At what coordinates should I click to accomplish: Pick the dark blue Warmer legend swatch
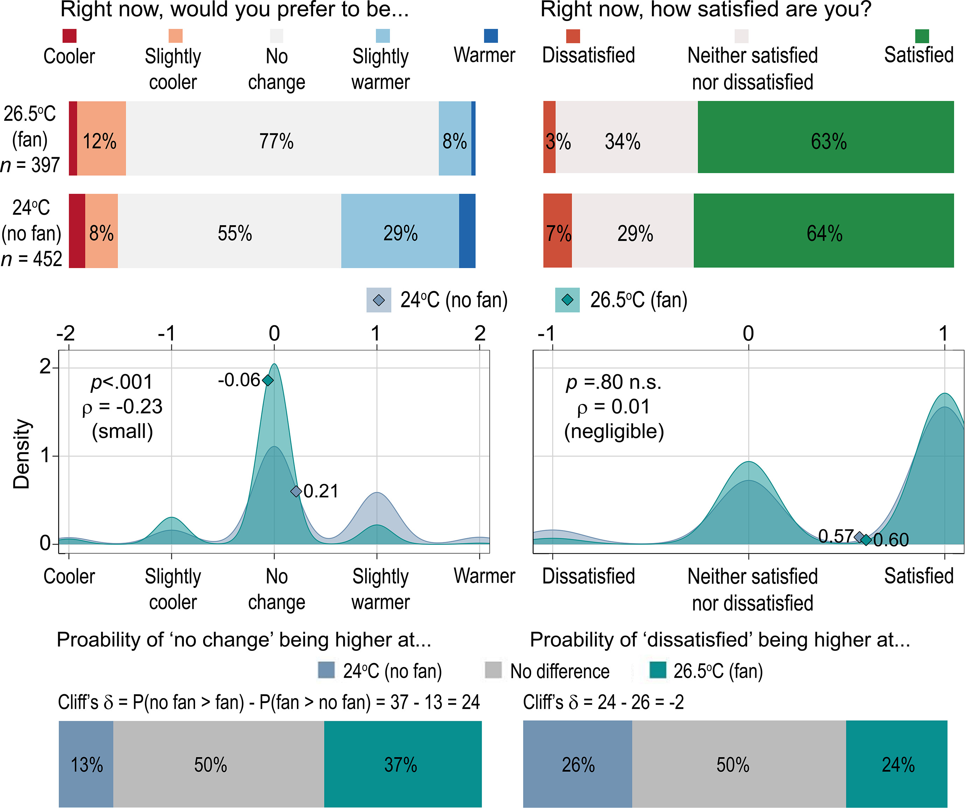491,36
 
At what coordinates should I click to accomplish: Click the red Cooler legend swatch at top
69,36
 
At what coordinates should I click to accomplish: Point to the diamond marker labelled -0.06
268,380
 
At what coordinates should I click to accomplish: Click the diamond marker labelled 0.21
296,492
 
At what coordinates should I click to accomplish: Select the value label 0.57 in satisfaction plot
835,536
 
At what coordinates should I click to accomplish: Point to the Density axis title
21,453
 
